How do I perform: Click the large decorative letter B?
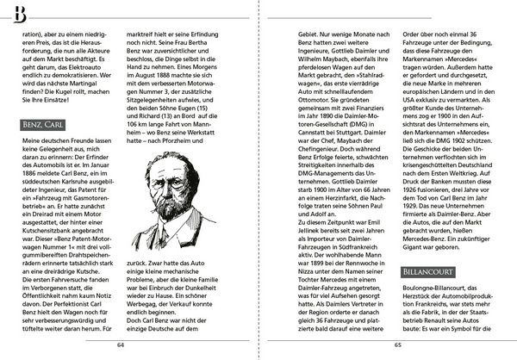click(19, 13)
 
